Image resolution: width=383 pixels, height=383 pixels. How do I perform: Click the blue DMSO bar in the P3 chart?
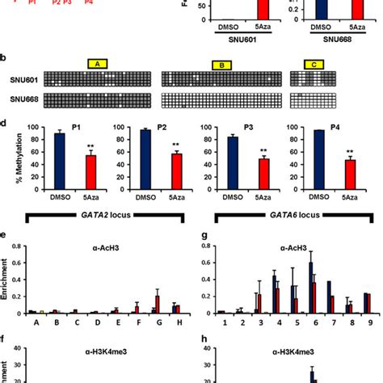point(234,154)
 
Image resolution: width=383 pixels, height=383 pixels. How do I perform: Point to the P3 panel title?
point(251,126)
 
